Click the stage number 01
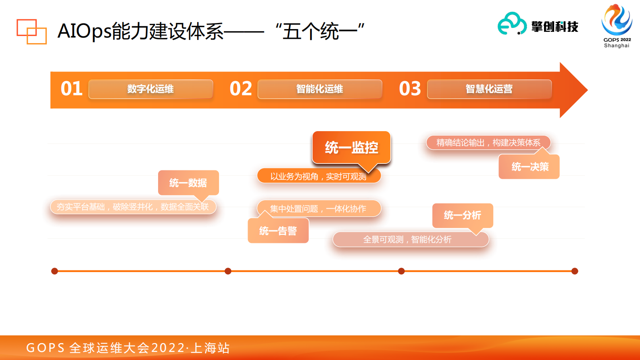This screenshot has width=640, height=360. coord(72,89)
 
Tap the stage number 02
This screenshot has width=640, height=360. coord(241,89)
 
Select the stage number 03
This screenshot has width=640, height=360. coord(410,89)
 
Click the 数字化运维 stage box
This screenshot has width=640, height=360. coord(150,89)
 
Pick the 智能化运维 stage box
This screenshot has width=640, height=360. coord(320,89)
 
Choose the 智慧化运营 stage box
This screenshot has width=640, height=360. coord(489,89)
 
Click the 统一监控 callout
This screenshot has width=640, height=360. coord(351,147)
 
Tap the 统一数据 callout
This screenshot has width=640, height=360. coord(188,183)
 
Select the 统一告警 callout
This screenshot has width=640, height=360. coord(278,231)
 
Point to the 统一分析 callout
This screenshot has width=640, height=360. coord(463,216)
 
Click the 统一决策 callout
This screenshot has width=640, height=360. coord(530,167)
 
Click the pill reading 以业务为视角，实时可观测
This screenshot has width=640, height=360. coord(319,176)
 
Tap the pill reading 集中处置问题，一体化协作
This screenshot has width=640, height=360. coord(319,209)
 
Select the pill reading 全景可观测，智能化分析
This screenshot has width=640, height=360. coord(407,240)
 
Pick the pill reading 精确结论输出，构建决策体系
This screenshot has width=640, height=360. coord(488,143)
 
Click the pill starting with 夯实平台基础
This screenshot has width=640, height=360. coord(133,207)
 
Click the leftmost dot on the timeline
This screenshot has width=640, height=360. coord(54,271)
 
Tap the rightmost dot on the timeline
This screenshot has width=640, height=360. coord(575,271)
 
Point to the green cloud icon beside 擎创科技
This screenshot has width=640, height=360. coord(512,24)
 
